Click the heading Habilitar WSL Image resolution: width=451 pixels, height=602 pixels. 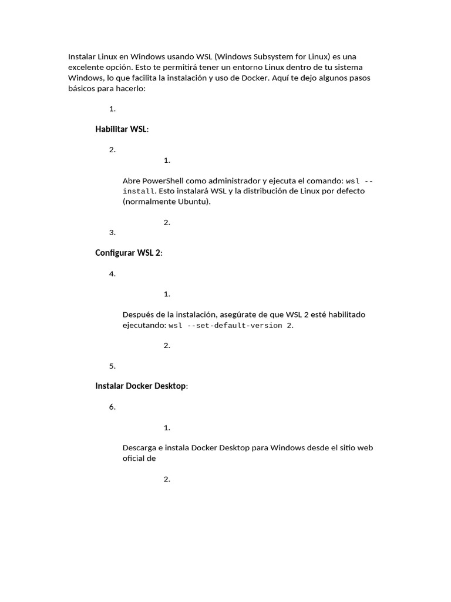click(121, 129)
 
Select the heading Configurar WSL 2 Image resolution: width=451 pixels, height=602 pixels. click(128, 253)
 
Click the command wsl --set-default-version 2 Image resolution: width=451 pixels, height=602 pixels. click(230, 325)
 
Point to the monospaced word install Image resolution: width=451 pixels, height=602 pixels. click(139, 192)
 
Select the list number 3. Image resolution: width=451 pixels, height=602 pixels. click(112, 232)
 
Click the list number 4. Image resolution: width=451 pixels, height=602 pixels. click(112, 274)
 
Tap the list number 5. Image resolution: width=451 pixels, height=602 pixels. click(112, 366)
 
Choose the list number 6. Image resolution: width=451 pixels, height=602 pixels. click(112, 407)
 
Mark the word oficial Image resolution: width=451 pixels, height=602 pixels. click(133, 459)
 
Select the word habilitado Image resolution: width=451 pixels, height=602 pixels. click(344, 315)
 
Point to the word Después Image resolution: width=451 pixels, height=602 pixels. click(140, 315)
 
